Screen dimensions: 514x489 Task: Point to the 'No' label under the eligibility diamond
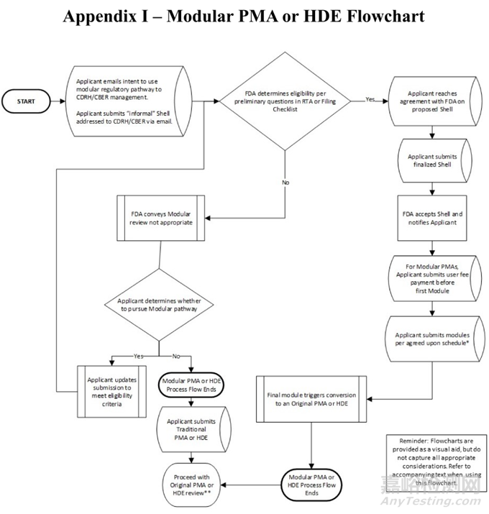point(285,183)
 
